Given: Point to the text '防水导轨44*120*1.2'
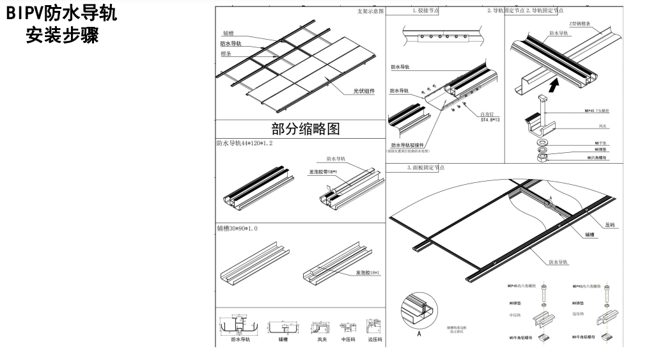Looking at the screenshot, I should click(244, 144).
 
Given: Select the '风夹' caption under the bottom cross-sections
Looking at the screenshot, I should click(318, 340).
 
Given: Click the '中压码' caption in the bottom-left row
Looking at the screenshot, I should click(347, 340).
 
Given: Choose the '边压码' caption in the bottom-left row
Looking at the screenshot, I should click(375, 340).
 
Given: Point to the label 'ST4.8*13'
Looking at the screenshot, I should click(490, 119).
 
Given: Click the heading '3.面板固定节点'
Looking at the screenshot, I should click(426, 168).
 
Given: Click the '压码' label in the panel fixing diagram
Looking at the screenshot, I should click(609, 225).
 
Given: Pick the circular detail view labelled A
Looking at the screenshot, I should click(419, 311).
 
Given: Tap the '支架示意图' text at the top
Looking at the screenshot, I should click(370, 12).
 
